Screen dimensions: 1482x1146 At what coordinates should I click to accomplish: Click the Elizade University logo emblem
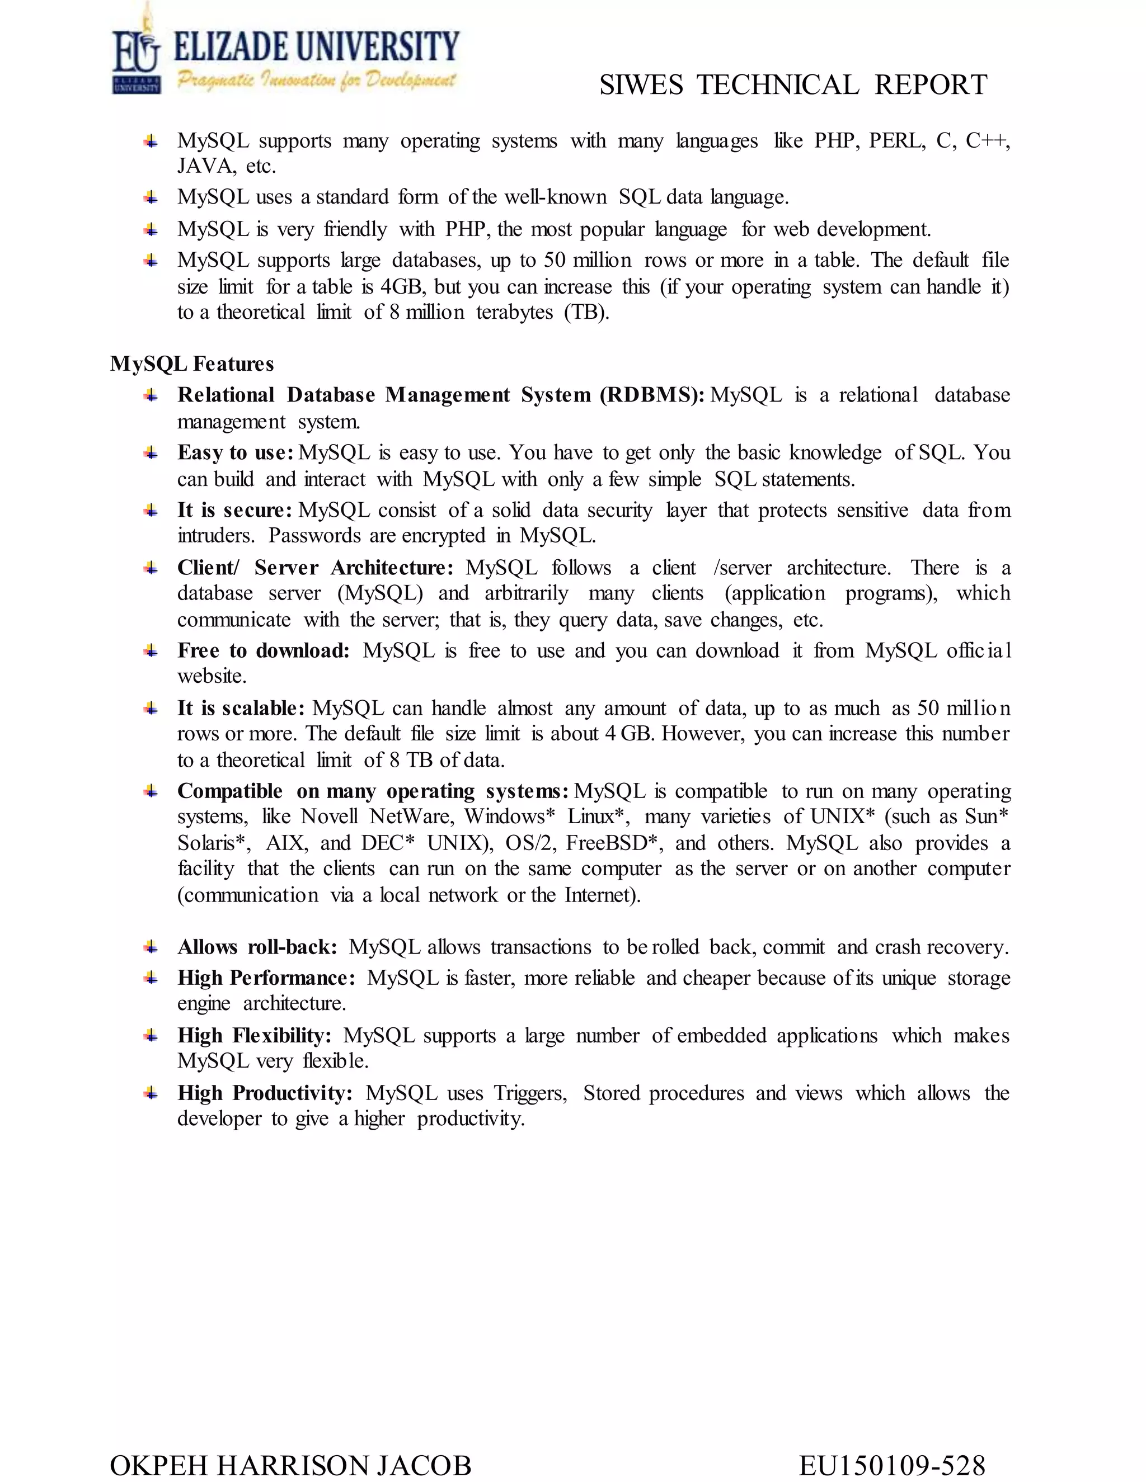pos(137,54)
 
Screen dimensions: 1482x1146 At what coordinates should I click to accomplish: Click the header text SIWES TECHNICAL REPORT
pos(792,86)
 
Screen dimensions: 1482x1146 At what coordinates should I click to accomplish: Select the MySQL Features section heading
pos(192,365)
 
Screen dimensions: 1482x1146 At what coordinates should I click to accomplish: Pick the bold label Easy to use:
pos(235,452)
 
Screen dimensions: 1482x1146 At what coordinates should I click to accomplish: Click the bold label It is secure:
pos(234,510)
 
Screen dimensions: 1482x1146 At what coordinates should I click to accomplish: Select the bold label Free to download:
pos(264,651)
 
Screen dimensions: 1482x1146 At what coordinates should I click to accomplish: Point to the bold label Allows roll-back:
pos(257,947)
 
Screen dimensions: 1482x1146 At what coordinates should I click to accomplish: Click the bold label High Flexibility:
pos(255,1036)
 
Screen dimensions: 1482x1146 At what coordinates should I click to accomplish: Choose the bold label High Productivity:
pos(265,1093)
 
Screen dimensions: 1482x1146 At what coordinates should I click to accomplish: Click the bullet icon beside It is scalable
pos(151,709)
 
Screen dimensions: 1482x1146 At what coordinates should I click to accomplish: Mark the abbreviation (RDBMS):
pos(652,395)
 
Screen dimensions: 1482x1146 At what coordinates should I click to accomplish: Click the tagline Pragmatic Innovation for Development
pos(316,81)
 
